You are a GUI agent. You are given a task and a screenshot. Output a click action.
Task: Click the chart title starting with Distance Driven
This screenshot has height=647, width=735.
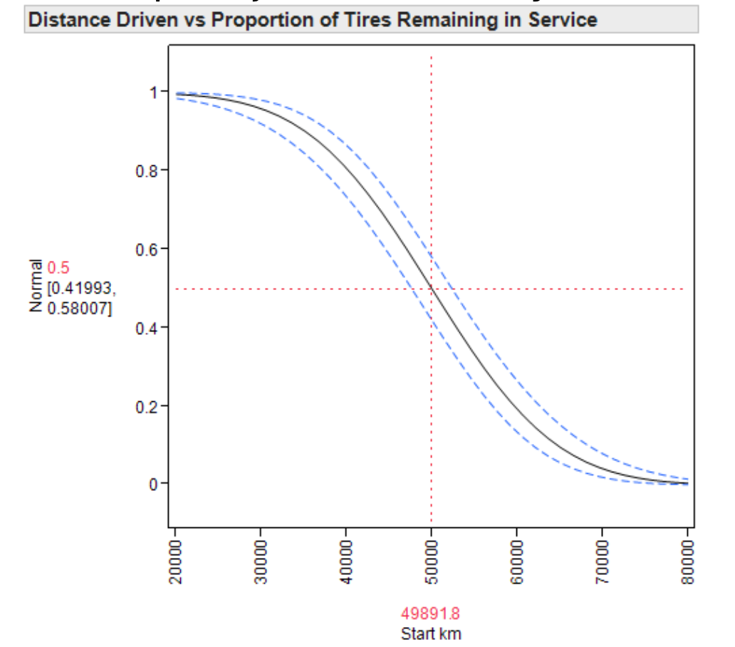coord(312,20)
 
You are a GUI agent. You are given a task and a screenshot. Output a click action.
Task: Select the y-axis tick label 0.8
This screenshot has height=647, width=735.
coord(146,171)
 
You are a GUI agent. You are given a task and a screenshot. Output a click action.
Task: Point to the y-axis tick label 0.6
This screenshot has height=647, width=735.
coord(146,249)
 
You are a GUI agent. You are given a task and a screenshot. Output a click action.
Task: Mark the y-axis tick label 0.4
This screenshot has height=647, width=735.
coord(146,328)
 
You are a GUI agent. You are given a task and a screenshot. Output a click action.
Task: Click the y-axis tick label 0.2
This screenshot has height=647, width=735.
coord(146,406)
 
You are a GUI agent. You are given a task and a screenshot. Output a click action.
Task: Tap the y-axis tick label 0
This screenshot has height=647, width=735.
coord(152,485)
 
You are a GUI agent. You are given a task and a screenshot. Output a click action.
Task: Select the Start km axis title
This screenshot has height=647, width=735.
coord(431,633)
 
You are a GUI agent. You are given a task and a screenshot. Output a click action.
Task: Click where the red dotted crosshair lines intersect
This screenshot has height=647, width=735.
coord(432,289)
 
